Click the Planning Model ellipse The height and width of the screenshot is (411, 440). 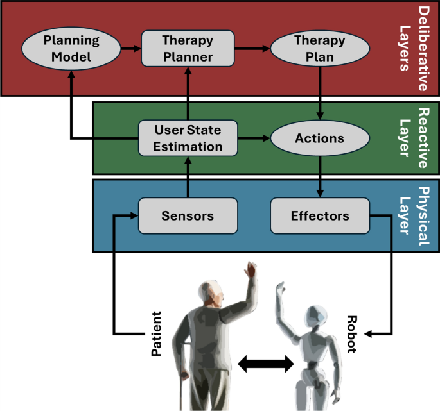click(x=71, y=49)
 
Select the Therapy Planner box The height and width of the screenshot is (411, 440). click(x=187, y=49)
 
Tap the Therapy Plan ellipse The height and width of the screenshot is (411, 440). click(x=320, y=49)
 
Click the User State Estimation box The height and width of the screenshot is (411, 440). click(x=188, y=138)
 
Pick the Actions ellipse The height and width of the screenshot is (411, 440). click(x=320, y=138)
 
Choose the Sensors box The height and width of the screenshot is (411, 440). click(x=188, y=215)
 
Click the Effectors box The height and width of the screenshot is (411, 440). click(x=320, y=215)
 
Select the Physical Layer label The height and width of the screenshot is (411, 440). click(x=414, y=215)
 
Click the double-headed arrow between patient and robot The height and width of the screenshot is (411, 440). click(x=265, y=364)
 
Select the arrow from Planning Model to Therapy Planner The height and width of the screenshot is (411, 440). click(x=130, y=49)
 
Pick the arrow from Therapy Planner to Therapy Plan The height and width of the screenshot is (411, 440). click(x=252, y=49)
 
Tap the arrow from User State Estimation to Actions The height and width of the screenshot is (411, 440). click(x=254, y=138)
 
